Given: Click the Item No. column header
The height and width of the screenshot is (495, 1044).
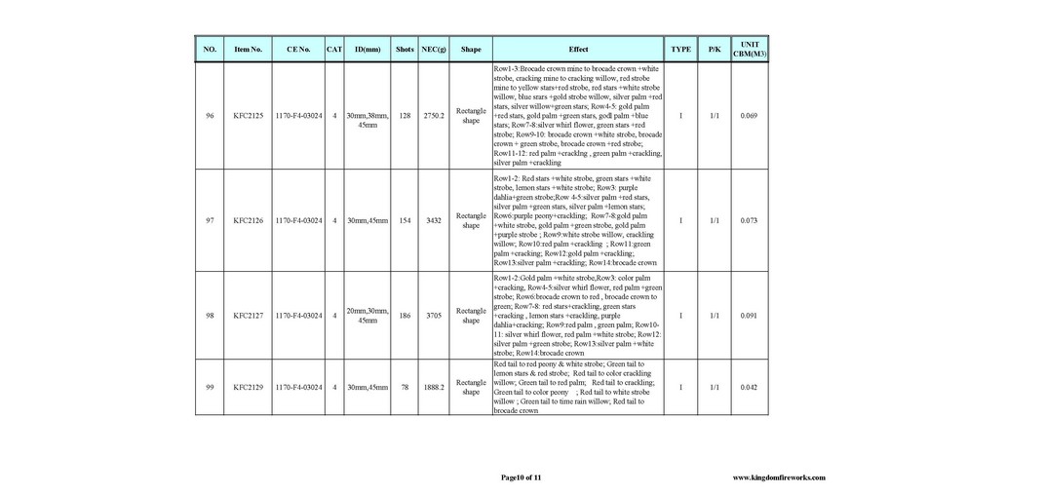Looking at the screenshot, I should coord(248,49).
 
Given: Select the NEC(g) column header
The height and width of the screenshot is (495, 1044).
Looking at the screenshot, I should coord(434,49).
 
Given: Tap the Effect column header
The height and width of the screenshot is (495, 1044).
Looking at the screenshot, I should coord(578,49).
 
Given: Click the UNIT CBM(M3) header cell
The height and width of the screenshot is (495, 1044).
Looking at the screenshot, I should coord(749,49).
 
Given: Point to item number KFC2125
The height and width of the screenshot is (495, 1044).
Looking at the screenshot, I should coord(248,116).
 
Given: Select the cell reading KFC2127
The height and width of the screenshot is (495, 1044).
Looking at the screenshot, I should coord(248,316).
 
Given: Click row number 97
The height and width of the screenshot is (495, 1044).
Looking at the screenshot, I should coord(210,220).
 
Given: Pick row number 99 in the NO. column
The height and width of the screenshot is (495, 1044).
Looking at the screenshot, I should coord(210,387).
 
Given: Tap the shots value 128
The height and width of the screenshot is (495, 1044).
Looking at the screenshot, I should coord(405,116).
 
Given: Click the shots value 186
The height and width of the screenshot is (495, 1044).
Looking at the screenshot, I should coord(405,316).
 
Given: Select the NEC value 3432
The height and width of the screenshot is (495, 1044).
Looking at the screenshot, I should coord(434,220).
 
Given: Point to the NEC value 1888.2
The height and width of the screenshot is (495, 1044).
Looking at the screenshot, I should coord(434,387).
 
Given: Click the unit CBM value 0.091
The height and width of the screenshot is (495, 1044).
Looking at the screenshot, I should coord(749,316).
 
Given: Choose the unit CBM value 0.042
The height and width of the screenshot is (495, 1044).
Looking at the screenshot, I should coord(749,387).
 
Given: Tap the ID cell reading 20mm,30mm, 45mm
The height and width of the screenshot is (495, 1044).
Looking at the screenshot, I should coord(367,316).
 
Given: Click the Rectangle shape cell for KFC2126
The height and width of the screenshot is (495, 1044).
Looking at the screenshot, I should coord(471,220).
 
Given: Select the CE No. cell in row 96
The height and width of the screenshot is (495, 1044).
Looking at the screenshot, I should coord(298,116).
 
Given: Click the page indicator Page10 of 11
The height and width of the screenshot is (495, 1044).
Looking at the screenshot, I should coord(521,477).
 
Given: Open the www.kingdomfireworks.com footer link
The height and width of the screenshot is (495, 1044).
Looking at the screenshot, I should coord(778,477).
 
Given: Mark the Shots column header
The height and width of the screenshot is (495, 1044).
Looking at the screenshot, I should coord(405,49).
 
